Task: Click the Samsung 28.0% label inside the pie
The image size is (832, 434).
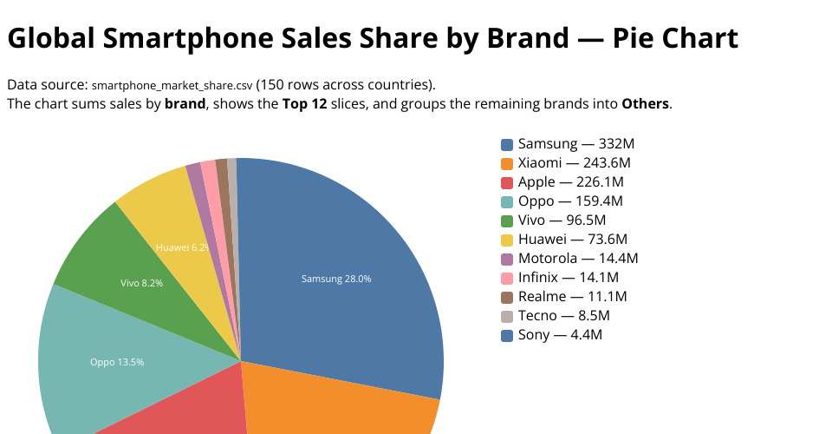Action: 336,279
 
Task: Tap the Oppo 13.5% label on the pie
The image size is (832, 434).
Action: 117,362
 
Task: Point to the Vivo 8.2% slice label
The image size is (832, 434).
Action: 141,283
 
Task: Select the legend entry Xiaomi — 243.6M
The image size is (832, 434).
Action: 574,163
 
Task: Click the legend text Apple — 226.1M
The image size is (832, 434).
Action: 570,182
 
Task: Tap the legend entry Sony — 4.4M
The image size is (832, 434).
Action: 559,335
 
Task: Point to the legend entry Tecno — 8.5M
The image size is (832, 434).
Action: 563,316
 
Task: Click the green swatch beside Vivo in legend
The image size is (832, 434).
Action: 507,220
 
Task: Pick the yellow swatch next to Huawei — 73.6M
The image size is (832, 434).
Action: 507,240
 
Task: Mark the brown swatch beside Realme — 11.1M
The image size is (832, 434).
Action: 507,297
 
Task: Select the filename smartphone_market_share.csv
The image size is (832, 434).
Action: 172,85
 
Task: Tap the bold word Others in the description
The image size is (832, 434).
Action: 645,104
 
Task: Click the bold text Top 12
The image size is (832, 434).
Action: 304,104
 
